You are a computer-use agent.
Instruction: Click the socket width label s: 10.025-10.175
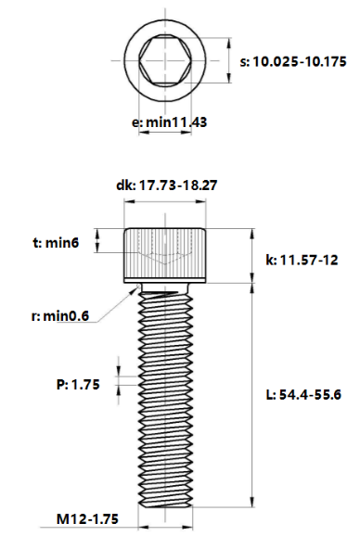click(293, 61)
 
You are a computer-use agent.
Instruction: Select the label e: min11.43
click(169, 122)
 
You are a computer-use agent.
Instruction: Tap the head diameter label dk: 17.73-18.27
click(167, 185)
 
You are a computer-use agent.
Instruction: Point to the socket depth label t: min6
click(56, 243)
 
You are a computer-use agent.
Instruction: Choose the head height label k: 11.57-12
click(302, 261)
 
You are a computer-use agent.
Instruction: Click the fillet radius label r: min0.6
click(60, 316)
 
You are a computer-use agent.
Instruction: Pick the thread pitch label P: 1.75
click(78, 385)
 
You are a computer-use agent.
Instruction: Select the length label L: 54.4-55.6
click(303, 395)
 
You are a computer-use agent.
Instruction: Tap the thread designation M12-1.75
click(87, 519)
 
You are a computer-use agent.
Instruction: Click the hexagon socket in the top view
click(165, 60)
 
